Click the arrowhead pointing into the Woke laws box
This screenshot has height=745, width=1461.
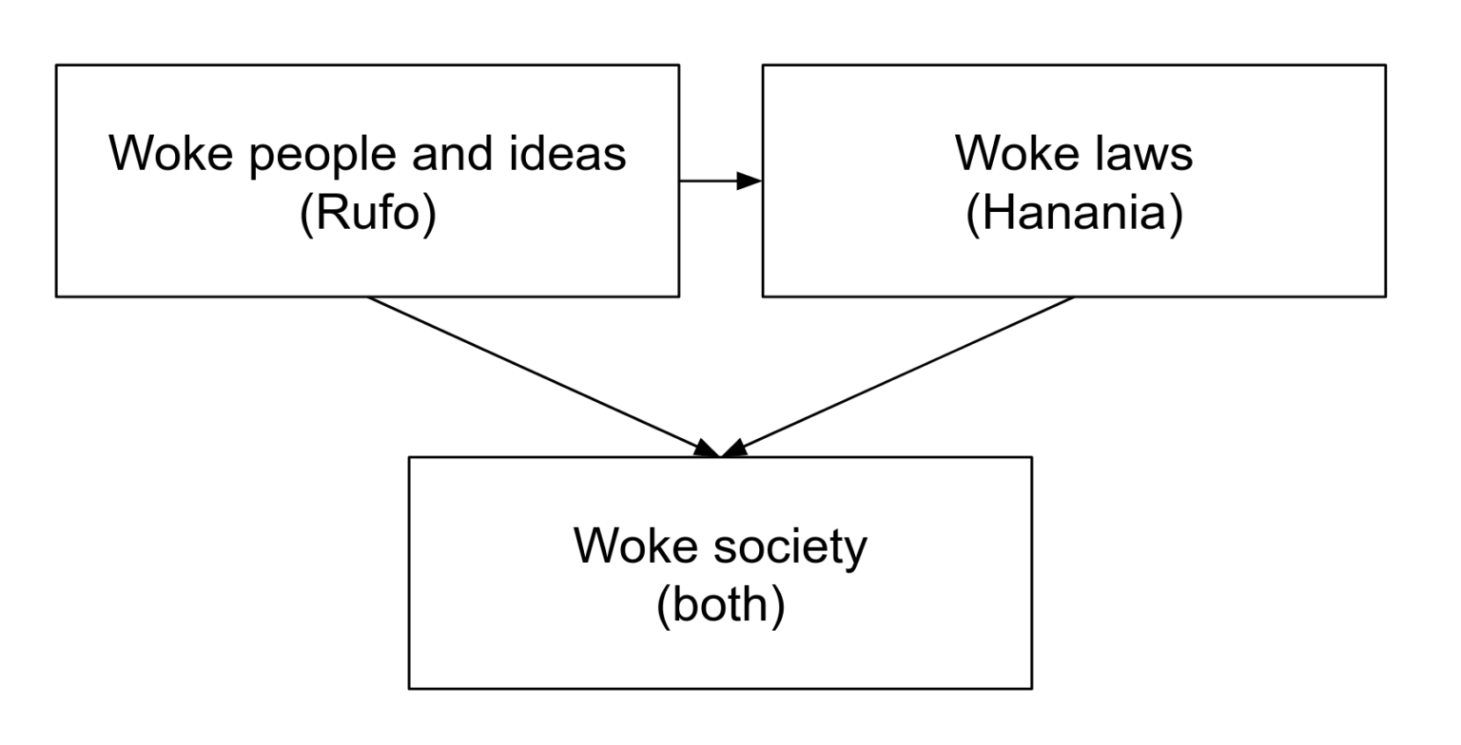(x=750, y=181)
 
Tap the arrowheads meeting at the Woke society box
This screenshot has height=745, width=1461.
(x=721, y=449)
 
